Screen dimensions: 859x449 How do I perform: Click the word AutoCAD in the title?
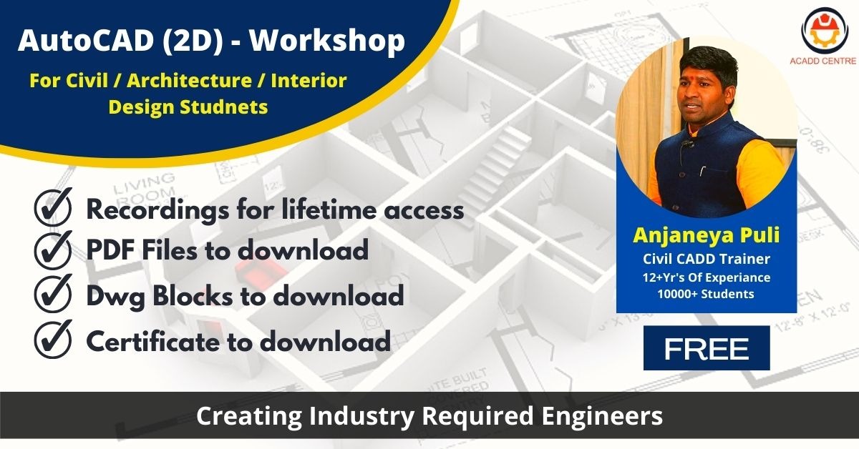[86, 41]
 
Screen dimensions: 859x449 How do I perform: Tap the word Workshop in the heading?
[328, 41]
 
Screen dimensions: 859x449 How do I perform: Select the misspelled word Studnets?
[224, 107]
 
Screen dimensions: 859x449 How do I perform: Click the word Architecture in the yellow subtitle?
[190, 81]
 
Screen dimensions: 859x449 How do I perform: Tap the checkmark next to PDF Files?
[53, 250]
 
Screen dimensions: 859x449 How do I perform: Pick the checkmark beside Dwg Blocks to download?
[53, 293]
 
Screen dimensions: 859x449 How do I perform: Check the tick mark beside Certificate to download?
[53, 339]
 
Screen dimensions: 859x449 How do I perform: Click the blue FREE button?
[707, 348]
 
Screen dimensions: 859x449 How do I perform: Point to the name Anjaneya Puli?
[707, 235]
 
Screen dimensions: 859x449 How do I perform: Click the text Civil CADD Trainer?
[707, 259]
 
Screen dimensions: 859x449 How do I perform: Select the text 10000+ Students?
[706, 294]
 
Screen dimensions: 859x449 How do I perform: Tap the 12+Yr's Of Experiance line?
[707, 277]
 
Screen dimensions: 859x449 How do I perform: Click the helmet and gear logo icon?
[822, 31]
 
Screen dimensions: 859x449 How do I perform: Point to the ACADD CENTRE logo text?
[823, 61]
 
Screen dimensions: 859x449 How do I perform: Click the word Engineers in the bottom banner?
[602, 416]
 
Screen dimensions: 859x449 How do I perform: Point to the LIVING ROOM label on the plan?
[144, 189]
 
